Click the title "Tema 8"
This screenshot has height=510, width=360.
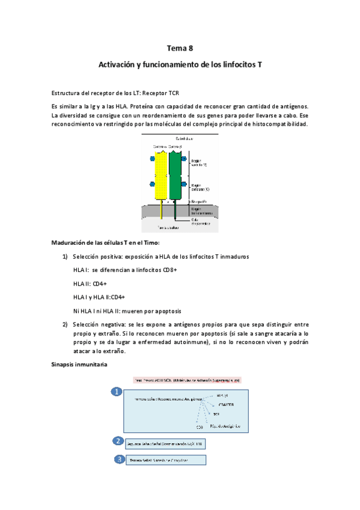(180, 49)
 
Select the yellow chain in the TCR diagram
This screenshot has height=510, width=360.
(161, 174)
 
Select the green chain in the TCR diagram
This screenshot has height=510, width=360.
(175, 174)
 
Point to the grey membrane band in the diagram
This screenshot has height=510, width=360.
(180, 211)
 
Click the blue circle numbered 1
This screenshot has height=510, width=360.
(116, 392)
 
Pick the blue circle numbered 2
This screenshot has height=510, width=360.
(119, 441)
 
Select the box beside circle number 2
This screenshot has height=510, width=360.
(165, 444)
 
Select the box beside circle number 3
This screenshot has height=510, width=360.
(165, 460)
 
